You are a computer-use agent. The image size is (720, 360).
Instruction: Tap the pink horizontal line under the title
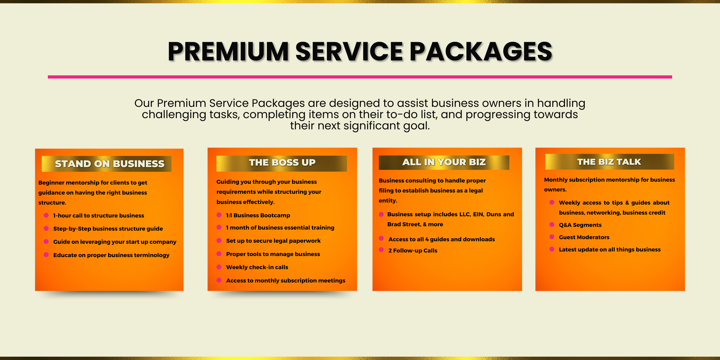360,77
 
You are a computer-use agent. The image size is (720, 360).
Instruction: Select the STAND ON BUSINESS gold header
106,164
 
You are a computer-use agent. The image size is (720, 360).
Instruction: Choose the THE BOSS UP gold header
282,163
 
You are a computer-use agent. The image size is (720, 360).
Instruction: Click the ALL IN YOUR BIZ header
444,162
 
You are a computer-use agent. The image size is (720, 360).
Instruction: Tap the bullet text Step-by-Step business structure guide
108,229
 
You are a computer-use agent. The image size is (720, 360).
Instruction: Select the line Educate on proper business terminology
111,255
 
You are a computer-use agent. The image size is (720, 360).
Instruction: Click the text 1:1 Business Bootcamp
258,215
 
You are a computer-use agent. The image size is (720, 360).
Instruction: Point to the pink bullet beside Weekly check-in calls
219,267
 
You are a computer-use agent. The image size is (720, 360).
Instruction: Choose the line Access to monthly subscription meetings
286,281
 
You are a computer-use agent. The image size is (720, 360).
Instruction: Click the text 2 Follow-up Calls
413,250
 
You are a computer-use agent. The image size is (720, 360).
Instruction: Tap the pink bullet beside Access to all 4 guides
381,238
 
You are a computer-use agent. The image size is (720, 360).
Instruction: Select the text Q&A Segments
580,225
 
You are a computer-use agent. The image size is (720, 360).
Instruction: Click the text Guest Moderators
584,237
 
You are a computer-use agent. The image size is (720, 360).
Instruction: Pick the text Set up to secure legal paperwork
273,241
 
